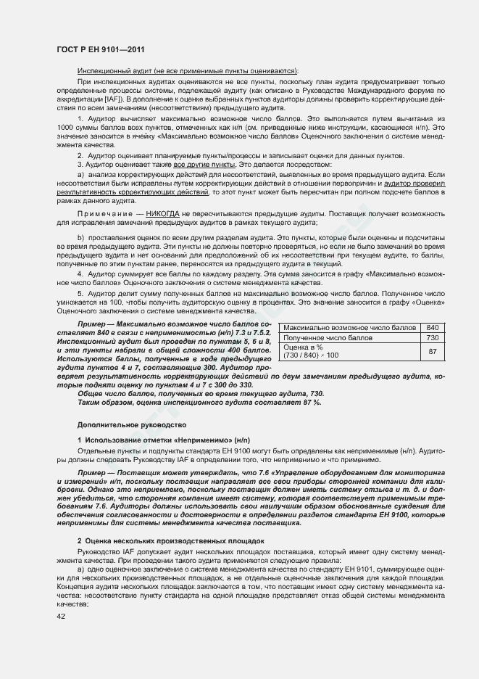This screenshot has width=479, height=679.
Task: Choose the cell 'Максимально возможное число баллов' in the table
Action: pos(349,327)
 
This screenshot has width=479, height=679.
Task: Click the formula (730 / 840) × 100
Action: pos(311,355)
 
